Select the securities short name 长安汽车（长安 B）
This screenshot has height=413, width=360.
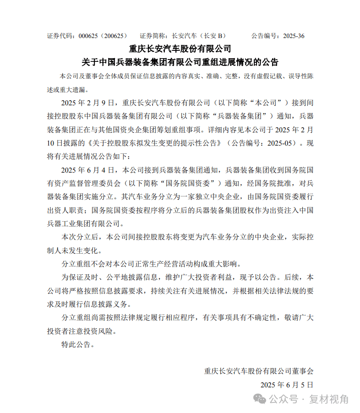(x=199, y=36)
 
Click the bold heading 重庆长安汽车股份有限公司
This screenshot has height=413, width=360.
(x=180, y=49)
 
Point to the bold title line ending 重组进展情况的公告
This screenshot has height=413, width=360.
(x=180, y=62)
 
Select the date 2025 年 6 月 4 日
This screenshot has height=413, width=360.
(x=90, y=170)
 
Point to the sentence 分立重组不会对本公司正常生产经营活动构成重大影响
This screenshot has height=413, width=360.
(x=149, y=264)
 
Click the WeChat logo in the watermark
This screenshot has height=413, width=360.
(x=260, y=399)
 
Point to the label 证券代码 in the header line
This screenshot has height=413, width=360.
(x=60, y=36)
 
